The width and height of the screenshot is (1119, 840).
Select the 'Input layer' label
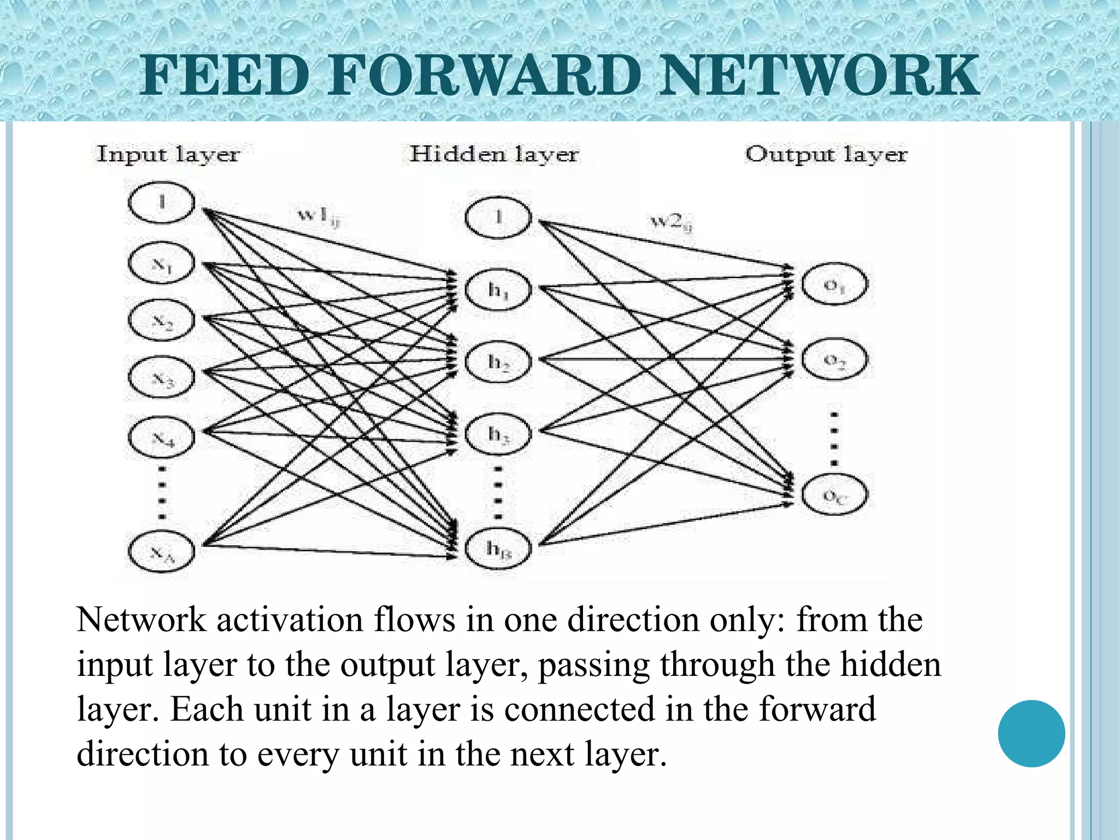coord(168,154)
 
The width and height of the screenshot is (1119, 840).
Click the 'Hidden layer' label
coord(494,154)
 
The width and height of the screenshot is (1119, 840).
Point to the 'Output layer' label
coord(826,154)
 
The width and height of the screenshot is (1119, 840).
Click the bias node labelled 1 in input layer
coord(161,202)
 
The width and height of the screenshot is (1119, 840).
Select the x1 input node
coord(161,264)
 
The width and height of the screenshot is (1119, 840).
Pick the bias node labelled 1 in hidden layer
coord(498,218)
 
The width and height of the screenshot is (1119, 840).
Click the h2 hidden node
coord(498,361)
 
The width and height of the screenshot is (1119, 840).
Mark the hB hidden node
coord(498,548)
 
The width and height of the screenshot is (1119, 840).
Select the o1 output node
coord(834,285)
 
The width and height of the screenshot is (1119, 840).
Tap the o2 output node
coord(834,360)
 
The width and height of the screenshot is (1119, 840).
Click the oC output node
coord(834,495)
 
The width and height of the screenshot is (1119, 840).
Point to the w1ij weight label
coord(319,215)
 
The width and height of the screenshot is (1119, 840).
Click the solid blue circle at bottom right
coord(1031,733)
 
